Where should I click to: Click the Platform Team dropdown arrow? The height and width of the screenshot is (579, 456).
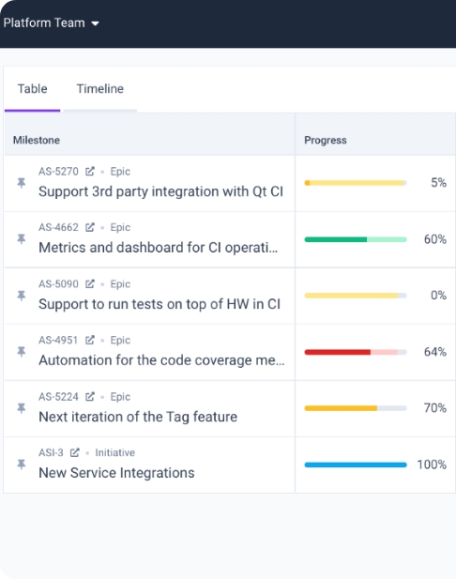(x=95, y=23)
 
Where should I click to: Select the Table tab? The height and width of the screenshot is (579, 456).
(x=32, y=89)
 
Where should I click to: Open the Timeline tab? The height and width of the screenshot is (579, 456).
(x=99, y=89)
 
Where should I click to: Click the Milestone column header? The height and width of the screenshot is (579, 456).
(x=37, y=140)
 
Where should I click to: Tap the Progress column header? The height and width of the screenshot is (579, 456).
(x=325, y=140)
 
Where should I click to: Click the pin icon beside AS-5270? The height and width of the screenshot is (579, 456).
(x=22, y=183)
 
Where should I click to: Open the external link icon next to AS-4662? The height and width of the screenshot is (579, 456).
(x=90, y=228)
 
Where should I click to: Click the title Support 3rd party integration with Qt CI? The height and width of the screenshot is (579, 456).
(x=160, y=191)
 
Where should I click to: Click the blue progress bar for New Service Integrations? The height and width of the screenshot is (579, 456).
(x=355, y=465)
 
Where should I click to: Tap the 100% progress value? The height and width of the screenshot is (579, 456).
(x=432, y=465)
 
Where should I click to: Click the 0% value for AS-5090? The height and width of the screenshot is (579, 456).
(x=438, y=296)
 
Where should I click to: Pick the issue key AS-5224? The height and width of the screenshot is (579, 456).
(x=58, y=397)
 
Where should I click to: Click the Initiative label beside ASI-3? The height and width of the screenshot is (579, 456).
(x=115, y=453)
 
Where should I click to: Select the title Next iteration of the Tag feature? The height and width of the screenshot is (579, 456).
(x=138, y=417)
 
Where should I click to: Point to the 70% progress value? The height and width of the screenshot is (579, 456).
(x=434, y=408)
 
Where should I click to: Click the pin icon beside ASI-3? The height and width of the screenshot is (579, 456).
(x=22, y=465)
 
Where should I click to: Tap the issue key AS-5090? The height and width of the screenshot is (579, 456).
(x=58, y=284)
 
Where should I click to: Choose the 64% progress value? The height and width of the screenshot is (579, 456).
(x=434, y=352)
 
